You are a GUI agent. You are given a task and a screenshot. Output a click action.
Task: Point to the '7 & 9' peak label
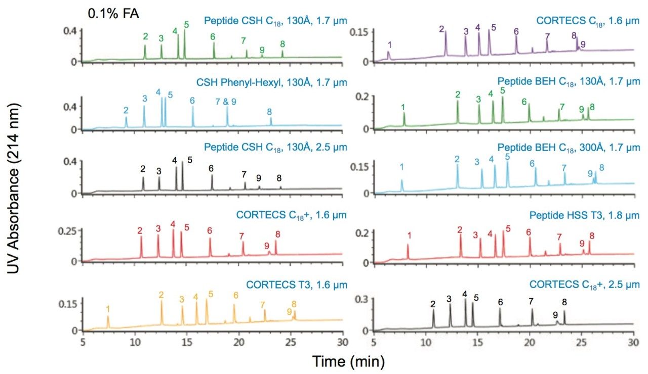tap(226, 102)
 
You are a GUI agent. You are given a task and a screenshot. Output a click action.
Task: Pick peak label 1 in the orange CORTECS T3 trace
tap(108, 308)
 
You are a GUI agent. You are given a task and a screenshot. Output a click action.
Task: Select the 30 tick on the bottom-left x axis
tap(343, 342)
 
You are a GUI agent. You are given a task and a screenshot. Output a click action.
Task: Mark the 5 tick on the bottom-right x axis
tap(374, 342)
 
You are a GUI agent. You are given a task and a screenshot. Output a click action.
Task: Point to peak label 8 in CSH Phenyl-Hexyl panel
tap(269, 112)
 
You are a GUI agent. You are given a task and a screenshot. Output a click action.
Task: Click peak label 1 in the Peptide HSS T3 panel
tap(409, 235)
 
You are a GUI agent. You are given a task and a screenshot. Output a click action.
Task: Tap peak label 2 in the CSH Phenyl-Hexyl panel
tap(126, 110)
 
